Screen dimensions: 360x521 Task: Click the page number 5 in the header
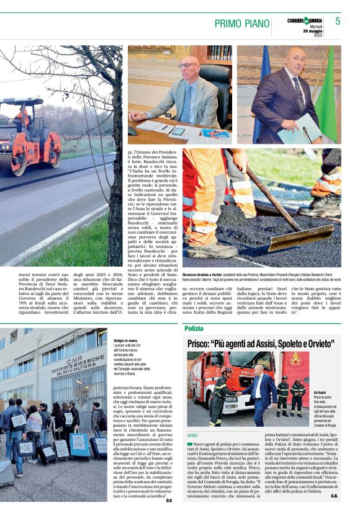338,21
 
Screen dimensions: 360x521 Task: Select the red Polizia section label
194,327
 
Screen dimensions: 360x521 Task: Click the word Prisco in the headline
200,342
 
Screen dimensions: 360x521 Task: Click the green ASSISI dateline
192,435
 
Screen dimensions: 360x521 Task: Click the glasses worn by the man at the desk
187,66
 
